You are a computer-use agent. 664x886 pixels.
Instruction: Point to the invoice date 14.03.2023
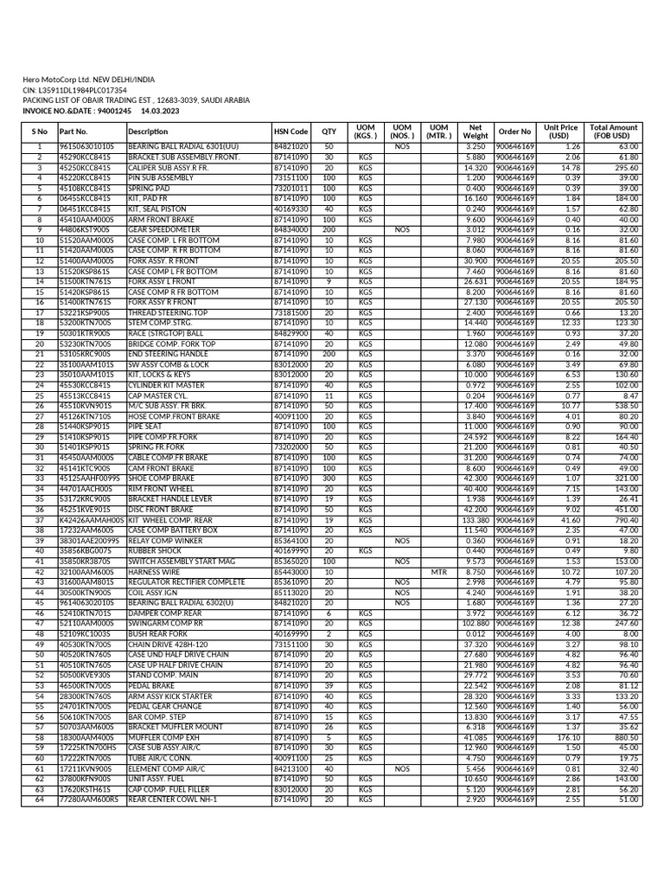point(160,111)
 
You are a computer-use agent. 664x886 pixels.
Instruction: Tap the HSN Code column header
point(290,132)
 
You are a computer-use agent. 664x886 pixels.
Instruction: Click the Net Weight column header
point(475,132)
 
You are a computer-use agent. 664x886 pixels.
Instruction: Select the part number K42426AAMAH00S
point(92,520)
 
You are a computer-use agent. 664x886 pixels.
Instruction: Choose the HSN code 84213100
point(290,768)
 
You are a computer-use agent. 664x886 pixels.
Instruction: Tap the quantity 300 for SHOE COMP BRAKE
point(329,478)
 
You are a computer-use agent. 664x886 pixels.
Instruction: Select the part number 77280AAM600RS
point(89,799)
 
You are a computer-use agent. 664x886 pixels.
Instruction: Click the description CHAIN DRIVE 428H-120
point(168,645)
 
